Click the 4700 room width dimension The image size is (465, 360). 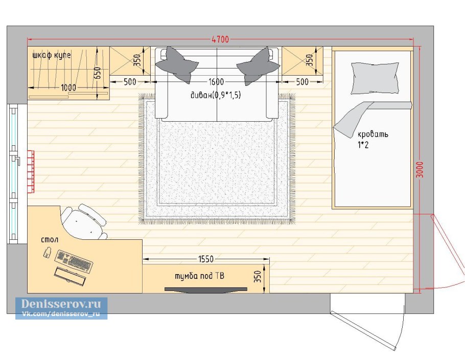220,39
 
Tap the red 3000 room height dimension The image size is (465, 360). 420,170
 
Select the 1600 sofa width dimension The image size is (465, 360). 216,82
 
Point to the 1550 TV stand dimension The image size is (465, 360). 206,259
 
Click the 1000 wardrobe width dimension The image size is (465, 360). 68,87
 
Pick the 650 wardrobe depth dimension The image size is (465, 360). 97,73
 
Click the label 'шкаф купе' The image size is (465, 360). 52,55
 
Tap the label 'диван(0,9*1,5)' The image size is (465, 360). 216,95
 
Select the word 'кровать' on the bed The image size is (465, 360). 373,134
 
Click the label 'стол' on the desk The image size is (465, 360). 50,240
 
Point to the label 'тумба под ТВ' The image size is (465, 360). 199,276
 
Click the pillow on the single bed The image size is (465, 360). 375,78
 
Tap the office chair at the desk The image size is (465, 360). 84,221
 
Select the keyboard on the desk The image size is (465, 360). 74,261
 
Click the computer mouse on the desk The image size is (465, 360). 47,253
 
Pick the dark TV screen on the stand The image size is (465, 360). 206,289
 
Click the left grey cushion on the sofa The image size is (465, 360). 177,64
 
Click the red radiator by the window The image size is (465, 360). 31,171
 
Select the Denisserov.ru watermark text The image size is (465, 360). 61,304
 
